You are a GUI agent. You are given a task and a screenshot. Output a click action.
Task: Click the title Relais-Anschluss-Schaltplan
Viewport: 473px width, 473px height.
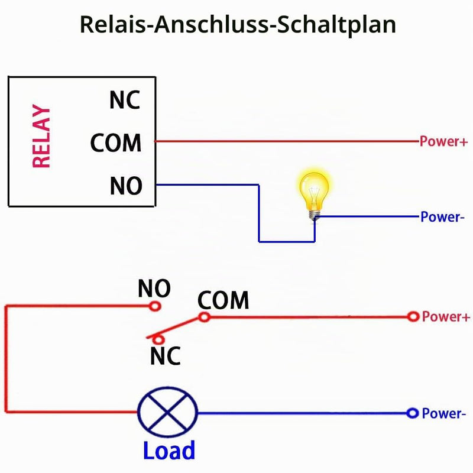(238, 25)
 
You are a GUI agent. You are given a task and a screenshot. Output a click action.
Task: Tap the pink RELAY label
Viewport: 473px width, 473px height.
(41, 136)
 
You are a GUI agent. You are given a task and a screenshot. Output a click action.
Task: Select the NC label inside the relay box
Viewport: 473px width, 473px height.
(125, 100)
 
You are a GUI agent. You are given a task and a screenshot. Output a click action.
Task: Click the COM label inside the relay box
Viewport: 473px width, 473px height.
(116, 142)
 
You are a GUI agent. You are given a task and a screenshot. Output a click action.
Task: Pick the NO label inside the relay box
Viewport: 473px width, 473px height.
(126, 186)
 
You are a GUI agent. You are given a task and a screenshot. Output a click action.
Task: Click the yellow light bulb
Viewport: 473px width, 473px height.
(314, 193)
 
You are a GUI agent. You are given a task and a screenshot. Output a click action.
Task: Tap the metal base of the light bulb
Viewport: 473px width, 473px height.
(315, 215)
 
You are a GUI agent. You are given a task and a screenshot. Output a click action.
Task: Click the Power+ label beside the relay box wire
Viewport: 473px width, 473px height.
(443, 141)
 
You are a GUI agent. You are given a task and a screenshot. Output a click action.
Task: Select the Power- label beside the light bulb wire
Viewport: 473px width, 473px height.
(442, 217)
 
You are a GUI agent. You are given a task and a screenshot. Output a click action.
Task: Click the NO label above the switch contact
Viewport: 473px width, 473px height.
(154, 289)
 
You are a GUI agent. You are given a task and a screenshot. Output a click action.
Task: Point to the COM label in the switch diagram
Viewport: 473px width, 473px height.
(223, 300)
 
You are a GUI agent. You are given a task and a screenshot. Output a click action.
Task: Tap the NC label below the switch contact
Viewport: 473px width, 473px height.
(166, 356)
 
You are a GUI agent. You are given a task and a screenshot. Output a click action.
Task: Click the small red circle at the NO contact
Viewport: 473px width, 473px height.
(155, 306)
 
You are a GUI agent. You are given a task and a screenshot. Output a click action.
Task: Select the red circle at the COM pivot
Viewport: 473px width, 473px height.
(204, 317)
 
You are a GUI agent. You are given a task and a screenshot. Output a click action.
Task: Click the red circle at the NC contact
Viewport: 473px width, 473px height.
(158, 339)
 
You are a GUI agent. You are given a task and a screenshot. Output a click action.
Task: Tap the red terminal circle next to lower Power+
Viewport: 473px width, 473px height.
(413, 317)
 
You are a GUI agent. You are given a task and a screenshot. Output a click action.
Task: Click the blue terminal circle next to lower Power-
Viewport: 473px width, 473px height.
(412, 413)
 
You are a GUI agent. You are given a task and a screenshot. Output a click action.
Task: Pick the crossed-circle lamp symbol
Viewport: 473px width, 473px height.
(167, 412)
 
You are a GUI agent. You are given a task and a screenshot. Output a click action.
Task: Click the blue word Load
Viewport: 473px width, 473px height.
(169, 451)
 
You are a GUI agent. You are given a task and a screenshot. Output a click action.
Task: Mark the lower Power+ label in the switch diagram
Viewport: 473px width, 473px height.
(446, 317)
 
